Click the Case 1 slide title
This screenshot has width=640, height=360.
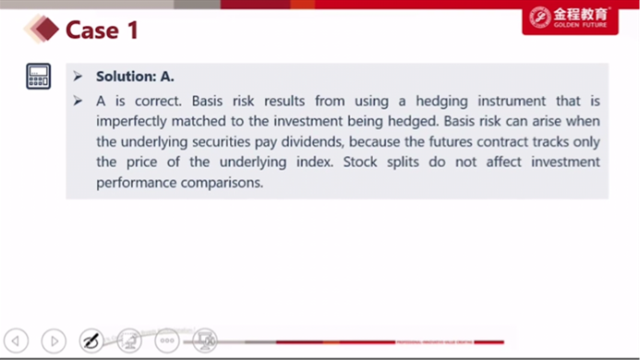coord(102,30)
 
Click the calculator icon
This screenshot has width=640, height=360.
coord(39,76)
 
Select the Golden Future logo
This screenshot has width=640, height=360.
coord(570,18)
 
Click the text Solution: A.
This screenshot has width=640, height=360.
coord(135,77)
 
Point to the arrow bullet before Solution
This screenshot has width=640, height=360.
coord(78,77)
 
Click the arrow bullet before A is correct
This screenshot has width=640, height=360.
coord(78,101)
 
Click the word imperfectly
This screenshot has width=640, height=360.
coord(132,121)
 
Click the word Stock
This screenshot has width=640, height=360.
coord(360,162)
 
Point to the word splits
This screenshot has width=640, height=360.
coord(403,162)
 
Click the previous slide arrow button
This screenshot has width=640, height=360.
coord(17,341)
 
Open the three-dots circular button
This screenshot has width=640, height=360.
coord(167,341)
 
